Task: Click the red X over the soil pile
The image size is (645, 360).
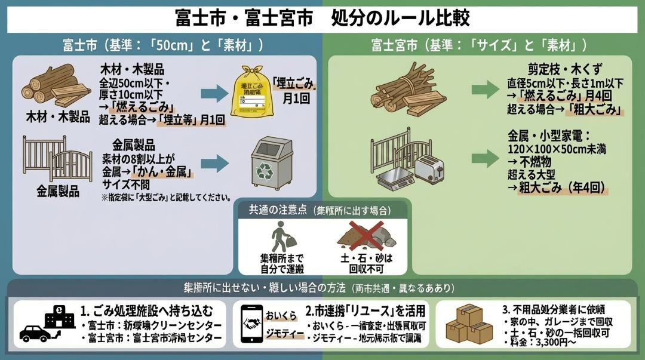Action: pos(366,234)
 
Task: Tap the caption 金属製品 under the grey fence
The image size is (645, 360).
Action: pos(57,191)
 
